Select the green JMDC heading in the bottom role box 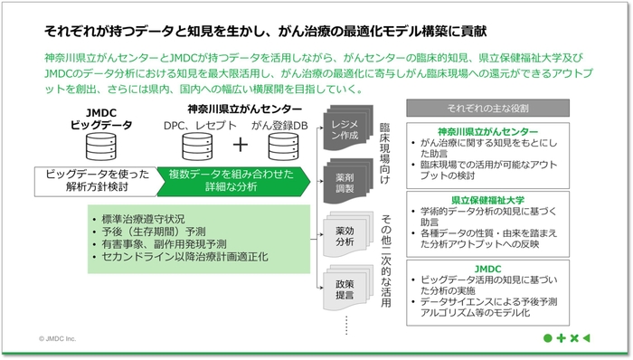488,269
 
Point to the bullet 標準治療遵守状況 145,219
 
